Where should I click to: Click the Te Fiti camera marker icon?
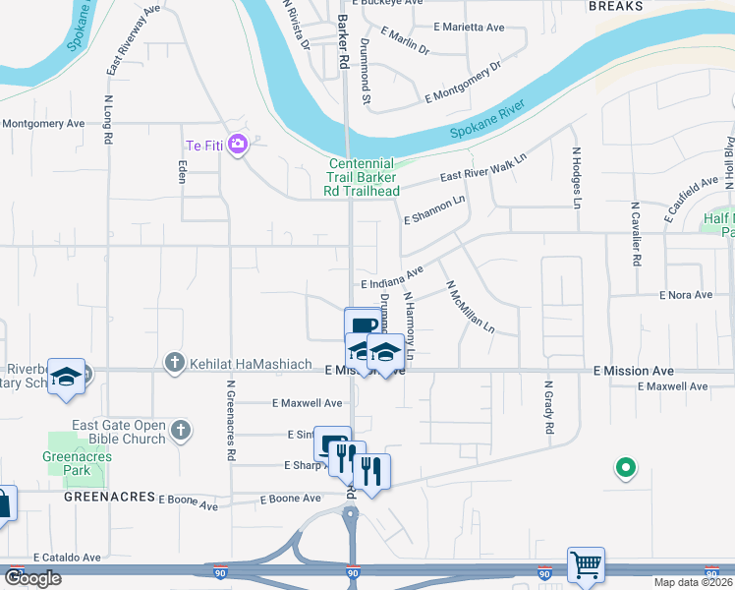[237, 146]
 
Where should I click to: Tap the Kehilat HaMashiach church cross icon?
[174, 362]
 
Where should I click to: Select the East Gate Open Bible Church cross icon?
[179, 429]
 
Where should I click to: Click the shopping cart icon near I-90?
[586, 564]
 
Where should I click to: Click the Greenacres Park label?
[77, 463]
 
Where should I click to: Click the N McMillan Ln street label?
[471, 306]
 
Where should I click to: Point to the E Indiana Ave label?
[391, 276]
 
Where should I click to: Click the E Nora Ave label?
[686, 295]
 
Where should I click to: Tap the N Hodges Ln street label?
[577, 178]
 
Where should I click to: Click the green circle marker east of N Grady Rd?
[624, 468]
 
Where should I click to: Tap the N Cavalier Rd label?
[636, 234]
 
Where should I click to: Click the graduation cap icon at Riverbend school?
[67, 377]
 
